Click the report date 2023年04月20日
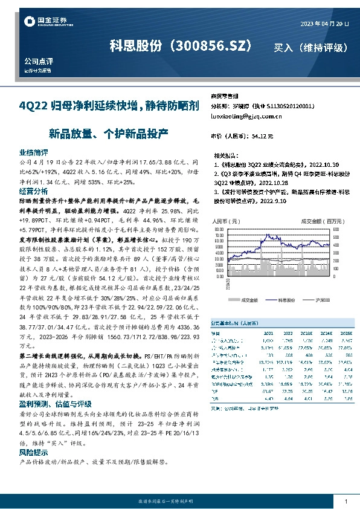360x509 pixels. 325,23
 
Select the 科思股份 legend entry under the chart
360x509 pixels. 286,299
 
